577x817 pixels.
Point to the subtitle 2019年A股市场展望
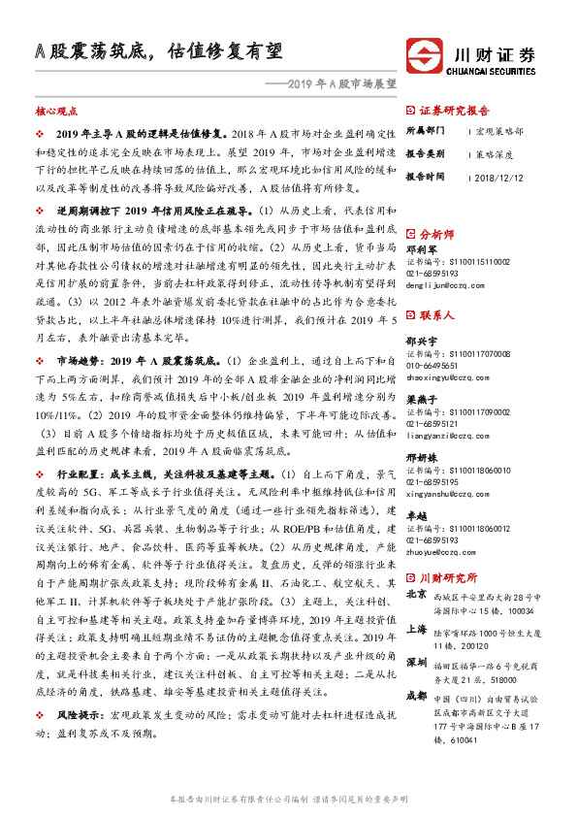point(337,84)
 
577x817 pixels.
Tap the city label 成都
point(417,697)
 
